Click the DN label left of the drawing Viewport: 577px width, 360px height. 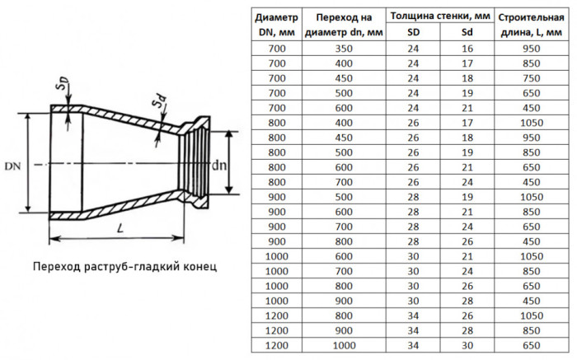click(x=12, y=166)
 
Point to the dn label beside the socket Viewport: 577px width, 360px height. click(x=219, y=166)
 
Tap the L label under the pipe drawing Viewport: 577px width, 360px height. click(x=120, y=228)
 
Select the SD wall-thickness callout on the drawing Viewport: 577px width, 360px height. click(x=61, y=83)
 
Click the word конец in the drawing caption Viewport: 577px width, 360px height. click(x=199, y=266)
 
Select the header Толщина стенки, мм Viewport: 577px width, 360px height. click(x=440, y=16)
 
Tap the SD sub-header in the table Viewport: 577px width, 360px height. click(x=413, y=32)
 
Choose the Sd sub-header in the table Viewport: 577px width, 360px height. click(x=467, y=32)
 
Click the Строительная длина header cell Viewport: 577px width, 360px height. click(x=531, y=25)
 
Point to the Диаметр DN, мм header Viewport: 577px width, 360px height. click(x=277, y=25)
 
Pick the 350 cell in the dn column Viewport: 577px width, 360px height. click(x=344, y=49)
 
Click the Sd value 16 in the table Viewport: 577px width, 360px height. click(x=467, y=49)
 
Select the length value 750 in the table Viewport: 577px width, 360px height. click(x=532, y=78)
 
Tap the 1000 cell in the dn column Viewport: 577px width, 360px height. click(x=344, y=346)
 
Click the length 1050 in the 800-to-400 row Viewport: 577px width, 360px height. click(x=532, y=123)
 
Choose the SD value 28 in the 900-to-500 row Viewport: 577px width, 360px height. click(x=413, y=197)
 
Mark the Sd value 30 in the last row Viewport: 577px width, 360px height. click(x=467, y=346)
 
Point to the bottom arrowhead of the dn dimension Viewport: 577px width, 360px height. click(x=229, y=189)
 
